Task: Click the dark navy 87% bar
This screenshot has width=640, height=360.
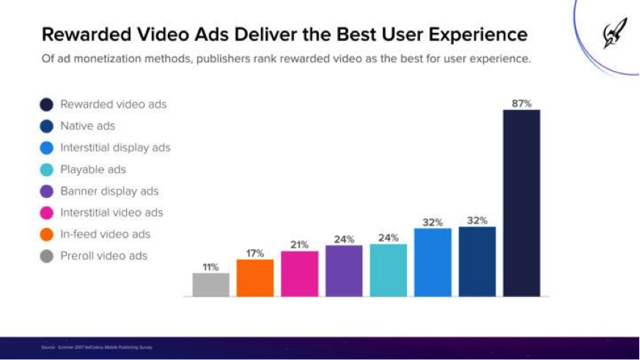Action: pos(521,203)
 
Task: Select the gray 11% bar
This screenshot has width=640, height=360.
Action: pos(211,284)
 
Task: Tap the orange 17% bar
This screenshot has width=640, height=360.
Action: pos(255,278)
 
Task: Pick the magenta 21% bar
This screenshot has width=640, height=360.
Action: pos(299,273)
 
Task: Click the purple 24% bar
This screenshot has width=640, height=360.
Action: pos(344,271)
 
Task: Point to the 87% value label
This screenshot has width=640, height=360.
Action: pos(521,103)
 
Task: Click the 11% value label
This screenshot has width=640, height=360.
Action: pos(211,267)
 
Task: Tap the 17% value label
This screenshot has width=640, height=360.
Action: pos(255,253)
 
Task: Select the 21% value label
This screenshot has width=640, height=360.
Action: pos(299,245)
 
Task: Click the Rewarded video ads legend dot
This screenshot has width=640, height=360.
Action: pos(47,105)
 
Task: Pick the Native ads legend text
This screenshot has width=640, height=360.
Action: pos(87,126)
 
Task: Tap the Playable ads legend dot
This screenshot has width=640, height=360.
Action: pos(47,170)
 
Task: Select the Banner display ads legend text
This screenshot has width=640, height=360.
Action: pos(109,191)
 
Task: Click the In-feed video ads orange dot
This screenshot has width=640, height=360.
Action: pos(47,235)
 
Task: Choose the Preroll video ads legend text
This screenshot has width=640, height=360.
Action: pos(103,256)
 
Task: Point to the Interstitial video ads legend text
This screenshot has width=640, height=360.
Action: pos(111,213)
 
